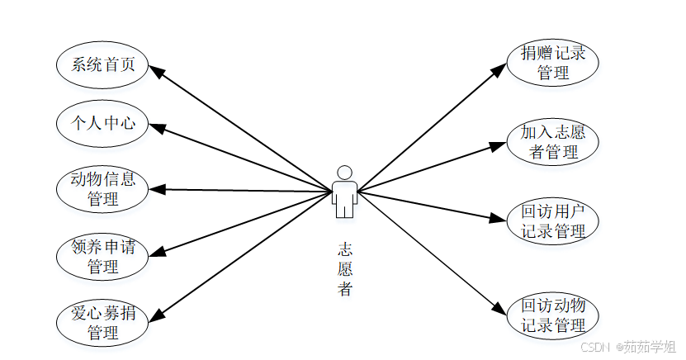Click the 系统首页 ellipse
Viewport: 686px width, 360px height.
click(102, 64)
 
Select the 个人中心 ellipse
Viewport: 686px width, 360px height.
click(102, 124)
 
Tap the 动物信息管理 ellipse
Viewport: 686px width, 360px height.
click(102, 189)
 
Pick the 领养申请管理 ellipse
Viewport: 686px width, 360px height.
click(102, 256)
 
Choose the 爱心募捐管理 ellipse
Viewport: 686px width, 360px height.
click(102, 323)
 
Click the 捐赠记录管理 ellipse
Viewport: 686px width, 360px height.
click(552, 64)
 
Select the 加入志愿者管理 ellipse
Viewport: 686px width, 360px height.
click(552, 142)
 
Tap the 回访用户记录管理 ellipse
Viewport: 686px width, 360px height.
click(552, 221)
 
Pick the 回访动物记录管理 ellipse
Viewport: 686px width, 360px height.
click(552, 315)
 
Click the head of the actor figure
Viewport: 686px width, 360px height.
click(345, 172)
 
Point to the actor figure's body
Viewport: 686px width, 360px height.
click(345, 197)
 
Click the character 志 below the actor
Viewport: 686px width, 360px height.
click(345, 248)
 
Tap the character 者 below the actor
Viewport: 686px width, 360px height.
click(345, 289)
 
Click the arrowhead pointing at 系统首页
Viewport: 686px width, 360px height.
click(156, 70)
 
